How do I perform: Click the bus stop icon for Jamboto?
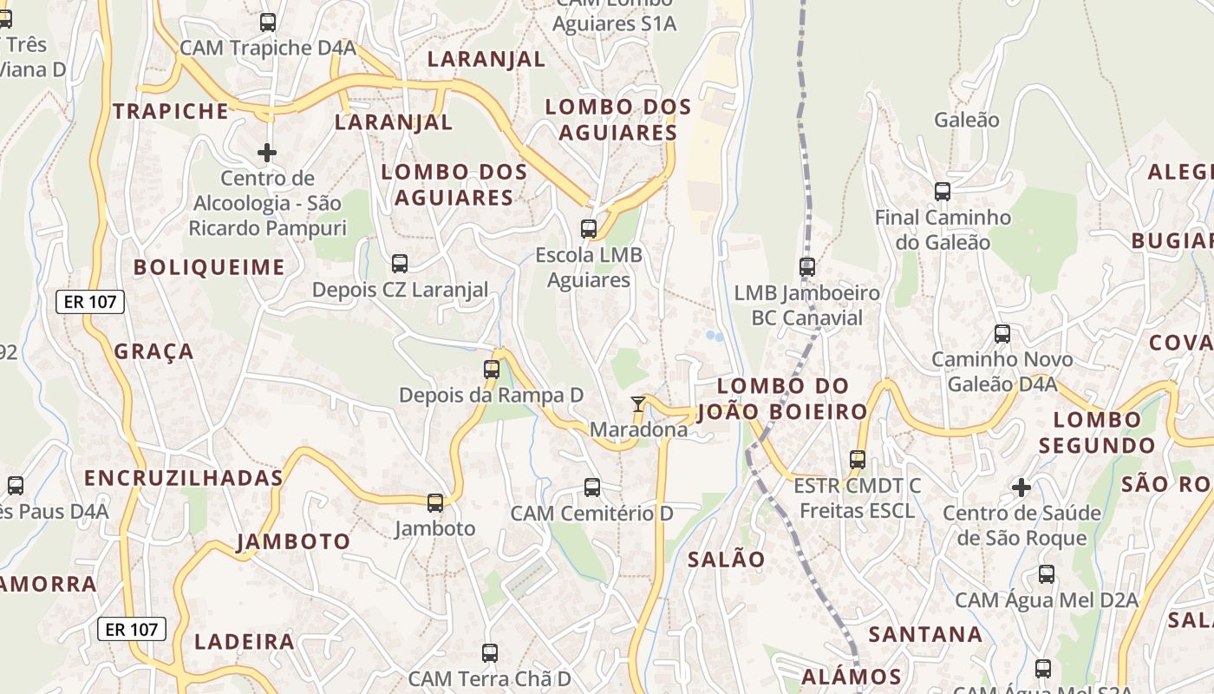point(435,502)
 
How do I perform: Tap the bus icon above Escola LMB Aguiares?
point(589,229)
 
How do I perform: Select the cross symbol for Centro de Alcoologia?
point(267,153)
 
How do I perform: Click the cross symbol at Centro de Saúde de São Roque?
point(1021,487)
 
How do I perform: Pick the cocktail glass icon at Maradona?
point(638,403)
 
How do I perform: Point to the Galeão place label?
point(966,120)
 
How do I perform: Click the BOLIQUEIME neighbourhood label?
point(209,267)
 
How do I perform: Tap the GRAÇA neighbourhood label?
point(154,351)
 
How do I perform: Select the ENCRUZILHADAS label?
point(184,478)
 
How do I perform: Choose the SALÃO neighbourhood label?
point(727,560)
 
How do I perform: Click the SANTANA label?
point(926,634)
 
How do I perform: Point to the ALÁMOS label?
point(852,677)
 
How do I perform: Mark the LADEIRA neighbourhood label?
point(245,642)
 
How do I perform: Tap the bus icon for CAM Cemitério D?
point(592,488)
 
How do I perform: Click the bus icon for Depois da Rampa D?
point(492,370)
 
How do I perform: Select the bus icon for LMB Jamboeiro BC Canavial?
point(807,267)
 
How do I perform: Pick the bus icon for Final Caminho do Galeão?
point(943,192)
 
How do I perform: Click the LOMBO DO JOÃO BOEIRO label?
point(793,398)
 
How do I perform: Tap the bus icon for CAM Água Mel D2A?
point(1047,574)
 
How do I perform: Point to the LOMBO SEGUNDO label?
point(1097,433)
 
